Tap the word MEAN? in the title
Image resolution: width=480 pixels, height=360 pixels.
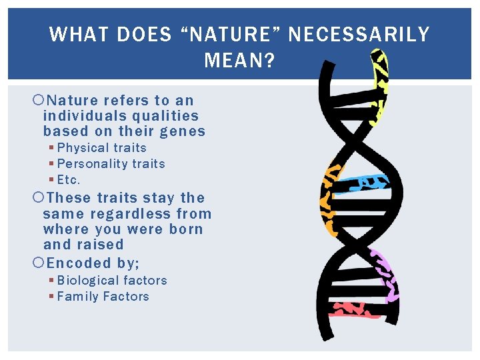click(239, 61)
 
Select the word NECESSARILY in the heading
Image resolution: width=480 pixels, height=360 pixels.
click(359, 35)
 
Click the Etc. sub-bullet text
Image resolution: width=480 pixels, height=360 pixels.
click(69, 180)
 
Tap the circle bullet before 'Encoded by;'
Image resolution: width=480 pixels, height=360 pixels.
click(38, 263)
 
